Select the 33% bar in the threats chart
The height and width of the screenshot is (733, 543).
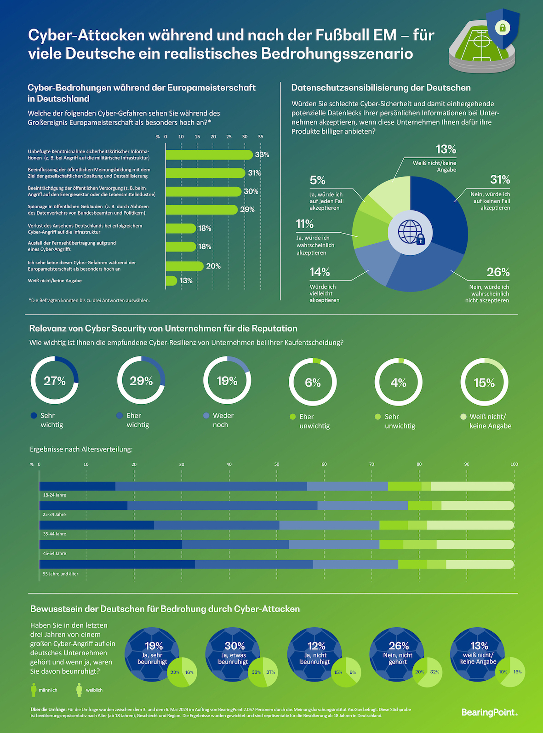(x=209, y=155)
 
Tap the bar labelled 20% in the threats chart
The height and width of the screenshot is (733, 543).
(x=184, y=266)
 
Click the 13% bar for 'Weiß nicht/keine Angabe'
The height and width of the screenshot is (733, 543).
(x=171, y=281)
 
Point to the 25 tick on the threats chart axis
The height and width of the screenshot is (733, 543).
(x=229, y=137)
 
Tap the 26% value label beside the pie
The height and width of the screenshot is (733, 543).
(x=498, y=272)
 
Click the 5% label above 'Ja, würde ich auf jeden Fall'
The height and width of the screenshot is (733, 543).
(x=317, y=180)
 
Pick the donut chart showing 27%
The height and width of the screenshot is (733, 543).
(x=55, y=381)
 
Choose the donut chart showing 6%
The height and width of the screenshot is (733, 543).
(x=313, y=382)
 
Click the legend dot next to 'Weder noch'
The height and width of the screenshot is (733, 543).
(x=206, y=416)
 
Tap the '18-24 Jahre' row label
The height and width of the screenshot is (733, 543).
(x=55, y=495)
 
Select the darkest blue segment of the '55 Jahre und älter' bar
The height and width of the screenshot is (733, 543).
(x=117, y=564)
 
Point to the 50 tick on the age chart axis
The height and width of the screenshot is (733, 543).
(x=277, y=464)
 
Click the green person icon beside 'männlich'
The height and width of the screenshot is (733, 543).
(x=34, y=690)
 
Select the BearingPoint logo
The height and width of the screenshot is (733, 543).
(x=489, y=712)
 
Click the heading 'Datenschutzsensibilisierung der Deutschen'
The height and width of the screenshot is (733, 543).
(x=381, y=88)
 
